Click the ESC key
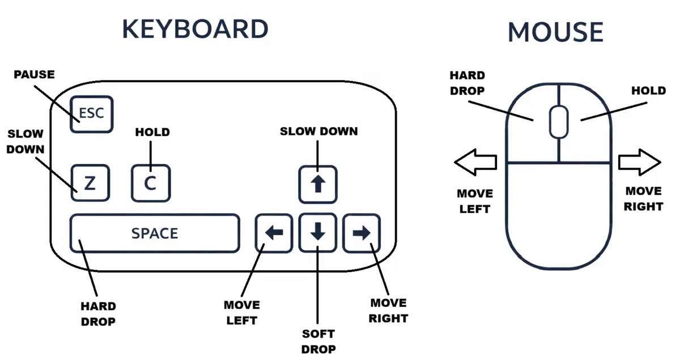pyautogui.click(x=91, y=114)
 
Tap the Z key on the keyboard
pyautogui.click(x=90, y=183)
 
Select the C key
pyautogui.click(x=151, y=183)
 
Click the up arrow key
pyautogui.click(x=318, y=184)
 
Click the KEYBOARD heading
pyautogui.click(x=195, y=29)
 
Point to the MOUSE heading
pyautogui.click(x=555, y=32)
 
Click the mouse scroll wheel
pyautogui.click(x=558, y=121)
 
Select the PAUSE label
pyautogui.click(x=34, y=74)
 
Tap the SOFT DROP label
pyautogui.click(x=318, y=341)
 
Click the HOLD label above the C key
pyautogui.click(x=152, y=132)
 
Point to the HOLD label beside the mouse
pyautogui.click(x=648, y=91)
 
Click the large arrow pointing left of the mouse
pyautogui.click(x=476, y=163)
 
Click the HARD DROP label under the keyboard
pyautogui.click(x=98, y=314)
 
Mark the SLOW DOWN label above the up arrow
pyautogui.click(x=318, y=132)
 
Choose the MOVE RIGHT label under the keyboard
pyautogui.click(x=388, y=311)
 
